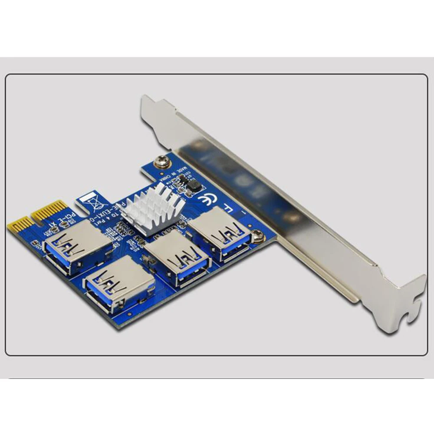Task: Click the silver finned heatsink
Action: (x=152, y=208)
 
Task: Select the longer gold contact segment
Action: (x=51, y=210)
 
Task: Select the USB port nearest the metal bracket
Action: (x=219, y=234)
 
